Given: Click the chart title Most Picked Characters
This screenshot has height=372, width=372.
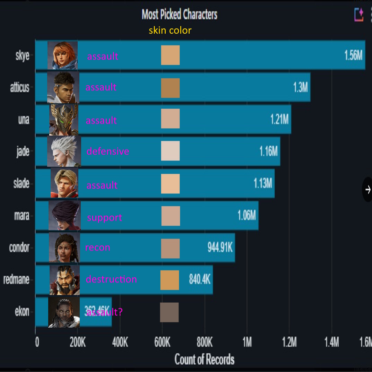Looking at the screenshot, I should [179, 15].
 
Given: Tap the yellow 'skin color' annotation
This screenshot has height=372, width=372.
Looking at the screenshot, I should [170, 31].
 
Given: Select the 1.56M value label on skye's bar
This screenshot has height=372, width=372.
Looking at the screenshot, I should [353, 55].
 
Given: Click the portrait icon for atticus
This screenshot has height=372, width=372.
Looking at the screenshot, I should [63, 87].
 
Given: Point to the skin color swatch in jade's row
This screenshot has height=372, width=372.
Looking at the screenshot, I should [170, 151].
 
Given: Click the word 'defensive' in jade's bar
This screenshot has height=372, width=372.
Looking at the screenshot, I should [108, 151].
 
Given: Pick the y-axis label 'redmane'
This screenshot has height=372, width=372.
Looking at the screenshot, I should [16, 279].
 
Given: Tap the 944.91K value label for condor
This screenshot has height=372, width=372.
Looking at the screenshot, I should [220, 248].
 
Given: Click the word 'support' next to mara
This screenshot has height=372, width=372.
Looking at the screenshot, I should [104, 218].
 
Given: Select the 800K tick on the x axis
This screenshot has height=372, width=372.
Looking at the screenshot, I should [205, 343].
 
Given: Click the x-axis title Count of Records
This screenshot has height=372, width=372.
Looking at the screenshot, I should [204, 359].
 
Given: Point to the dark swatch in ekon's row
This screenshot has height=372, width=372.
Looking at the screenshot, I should [169, 312].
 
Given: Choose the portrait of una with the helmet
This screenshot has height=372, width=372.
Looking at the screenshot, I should [64, 120].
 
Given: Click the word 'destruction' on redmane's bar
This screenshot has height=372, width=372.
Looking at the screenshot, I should [111, 279].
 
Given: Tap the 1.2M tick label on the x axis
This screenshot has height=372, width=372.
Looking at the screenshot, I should [289, 343].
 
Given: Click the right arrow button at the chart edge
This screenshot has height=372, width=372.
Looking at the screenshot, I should [367, 189].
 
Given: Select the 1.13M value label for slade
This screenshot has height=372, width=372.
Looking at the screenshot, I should [262, 183].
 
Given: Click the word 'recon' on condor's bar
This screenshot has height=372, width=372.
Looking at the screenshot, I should [97, 248].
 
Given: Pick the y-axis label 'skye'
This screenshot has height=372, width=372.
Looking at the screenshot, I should [22, 55].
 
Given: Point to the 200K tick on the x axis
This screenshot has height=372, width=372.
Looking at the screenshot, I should [77, 343].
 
